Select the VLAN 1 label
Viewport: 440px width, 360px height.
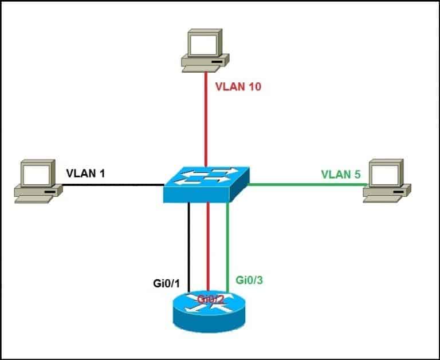click(85, 172)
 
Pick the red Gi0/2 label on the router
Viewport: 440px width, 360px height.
click(209, 299)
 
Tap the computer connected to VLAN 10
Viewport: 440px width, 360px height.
click(203, 50)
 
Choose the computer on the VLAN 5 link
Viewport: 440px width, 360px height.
click(388, 181)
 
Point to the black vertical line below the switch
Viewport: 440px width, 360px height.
click(188, 246)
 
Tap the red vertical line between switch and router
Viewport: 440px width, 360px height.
click(208, 246)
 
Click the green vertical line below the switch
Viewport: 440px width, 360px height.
click(229, 246)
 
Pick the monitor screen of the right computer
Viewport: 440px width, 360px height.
click(385, 172)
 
